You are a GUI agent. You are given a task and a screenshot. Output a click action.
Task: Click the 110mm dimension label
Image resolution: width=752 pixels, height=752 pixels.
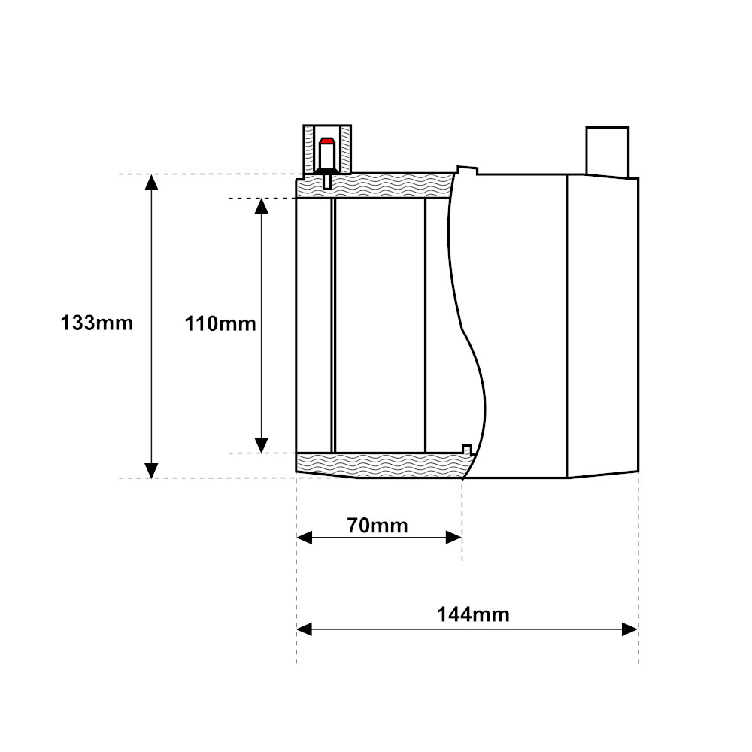[220, 324]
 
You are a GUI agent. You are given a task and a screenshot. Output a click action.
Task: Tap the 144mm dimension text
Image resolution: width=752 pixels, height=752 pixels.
[473, 614]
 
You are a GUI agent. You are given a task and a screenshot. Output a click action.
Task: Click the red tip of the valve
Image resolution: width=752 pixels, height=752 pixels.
[326, 141]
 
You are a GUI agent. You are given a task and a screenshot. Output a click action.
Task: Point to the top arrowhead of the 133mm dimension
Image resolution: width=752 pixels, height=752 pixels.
[152, 183]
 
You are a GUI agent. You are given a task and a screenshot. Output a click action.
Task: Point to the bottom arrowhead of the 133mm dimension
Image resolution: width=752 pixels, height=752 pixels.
[152, 470]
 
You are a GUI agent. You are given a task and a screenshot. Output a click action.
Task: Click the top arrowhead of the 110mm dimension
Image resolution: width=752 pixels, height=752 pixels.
[262, 206]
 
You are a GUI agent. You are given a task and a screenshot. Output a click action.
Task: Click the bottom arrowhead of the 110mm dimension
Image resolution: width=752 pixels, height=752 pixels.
[262, 445]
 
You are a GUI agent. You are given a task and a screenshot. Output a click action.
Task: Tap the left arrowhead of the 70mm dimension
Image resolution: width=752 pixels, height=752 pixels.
[305, 537]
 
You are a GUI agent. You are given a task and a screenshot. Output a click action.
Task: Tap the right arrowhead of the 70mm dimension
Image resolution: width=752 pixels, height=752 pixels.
[453, 537]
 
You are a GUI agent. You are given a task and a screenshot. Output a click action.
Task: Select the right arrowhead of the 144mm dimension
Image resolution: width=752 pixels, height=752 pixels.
[629, 629]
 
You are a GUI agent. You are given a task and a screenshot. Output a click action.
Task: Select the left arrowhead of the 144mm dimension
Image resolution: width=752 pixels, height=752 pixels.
[305, 629]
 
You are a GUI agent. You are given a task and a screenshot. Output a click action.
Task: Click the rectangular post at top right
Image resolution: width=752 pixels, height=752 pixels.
[607, 151]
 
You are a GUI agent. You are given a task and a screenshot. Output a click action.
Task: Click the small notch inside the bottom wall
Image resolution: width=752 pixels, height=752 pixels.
[466, 450]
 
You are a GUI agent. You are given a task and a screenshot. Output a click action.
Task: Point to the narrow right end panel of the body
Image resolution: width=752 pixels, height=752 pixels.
[602, 327]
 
